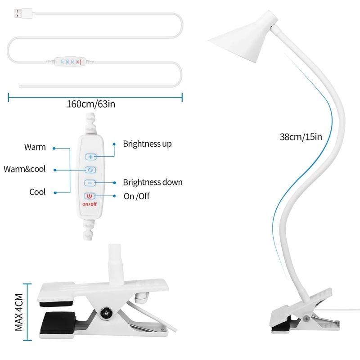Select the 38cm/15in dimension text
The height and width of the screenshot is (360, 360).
click(x=301, y=137)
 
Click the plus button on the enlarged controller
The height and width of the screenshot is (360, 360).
click(x=90, y=157)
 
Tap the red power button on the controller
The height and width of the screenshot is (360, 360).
click(x=90, y=196)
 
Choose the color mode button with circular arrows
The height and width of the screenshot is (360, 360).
click(x=90, y=170)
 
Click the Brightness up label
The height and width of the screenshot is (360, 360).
click(x=147, y=144)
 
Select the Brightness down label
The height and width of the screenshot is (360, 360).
click(x=153, y=182)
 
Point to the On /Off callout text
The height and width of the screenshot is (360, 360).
click(x=136, y=196)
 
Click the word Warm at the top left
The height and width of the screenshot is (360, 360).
click(x=35, y=147)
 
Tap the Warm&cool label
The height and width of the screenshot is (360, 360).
click(x=25, y=169)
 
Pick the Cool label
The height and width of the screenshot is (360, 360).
click(x=37, y=192)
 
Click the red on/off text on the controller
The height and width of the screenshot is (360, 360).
click(x=89, y=204)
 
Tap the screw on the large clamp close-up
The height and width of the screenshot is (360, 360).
click(x=107, y=312)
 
